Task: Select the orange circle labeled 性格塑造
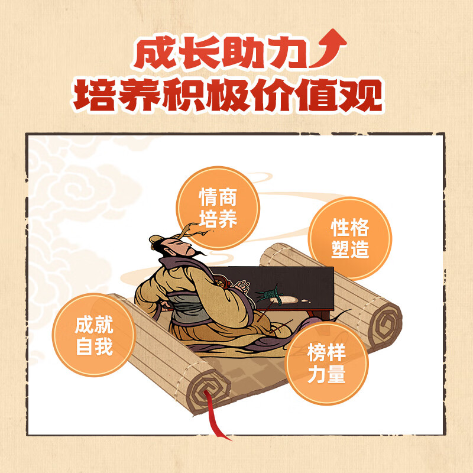coord(350,238)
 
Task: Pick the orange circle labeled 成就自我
coord(94,335)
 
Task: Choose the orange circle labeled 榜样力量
coord(326,364)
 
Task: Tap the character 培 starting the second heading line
coord(93,96)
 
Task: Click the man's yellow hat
coord(156,239)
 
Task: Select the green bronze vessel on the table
coord(274,294)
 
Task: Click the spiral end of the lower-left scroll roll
coord(206,387)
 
